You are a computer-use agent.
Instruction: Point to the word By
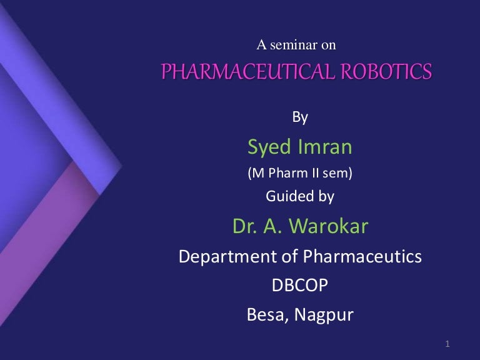coord(300,116)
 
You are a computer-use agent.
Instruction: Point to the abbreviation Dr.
coord(244,226)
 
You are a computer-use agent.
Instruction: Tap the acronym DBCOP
coord(300,285)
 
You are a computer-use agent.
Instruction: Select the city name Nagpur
coord(325,315)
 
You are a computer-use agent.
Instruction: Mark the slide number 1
coord(449,343)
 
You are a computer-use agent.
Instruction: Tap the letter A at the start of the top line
coord(262,44)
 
